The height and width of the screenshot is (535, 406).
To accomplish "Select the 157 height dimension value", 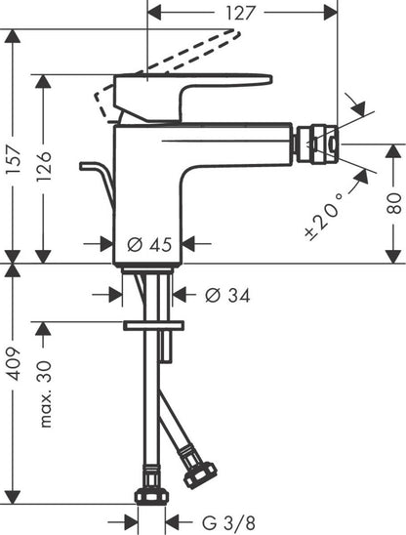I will (x=13, y=146).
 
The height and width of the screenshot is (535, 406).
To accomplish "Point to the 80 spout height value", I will (x=393, y=203).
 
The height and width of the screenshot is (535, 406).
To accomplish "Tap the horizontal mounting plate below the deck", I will (x=153, y=322).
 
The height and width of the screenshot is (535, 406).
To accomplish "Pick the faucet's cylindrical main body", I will (x=146, y=190).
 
